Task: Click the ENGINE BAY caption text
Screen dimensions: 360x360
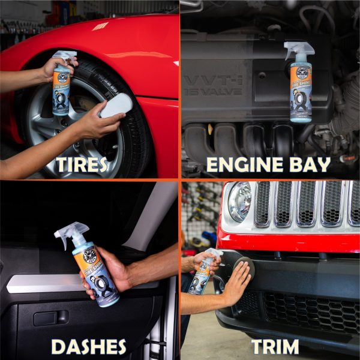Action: click(x=269, y=164)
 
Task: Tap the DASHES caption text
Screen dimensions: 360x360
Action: click(x=89, y=346)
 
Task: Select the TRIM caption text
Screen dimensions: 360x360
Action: click(x=275, y=346)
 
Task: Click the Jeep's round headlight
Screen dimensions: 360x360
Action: click(x=239, y=202)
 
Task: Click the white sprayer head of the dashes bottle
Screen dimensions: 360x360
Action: click(x=71, y=233)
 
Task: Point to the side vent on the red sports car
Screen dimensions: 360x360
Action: click(x=101, y=26)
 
